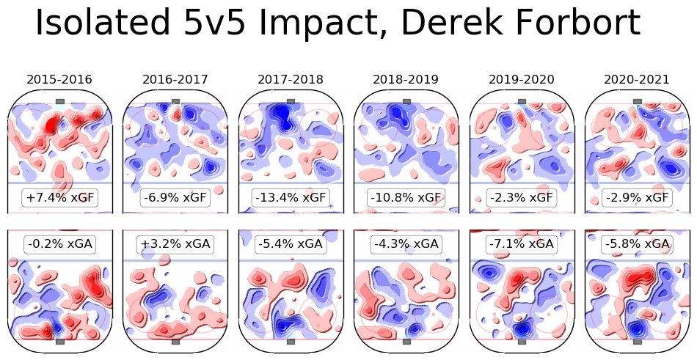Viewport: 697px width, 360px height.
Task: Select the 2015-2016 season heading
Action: [x=59, y=79]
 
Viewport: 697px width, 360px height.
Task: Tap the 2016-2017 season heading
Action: [x=175, y=79]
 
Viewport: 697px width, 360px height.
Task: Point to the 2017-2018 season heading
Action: [x=291, y=79]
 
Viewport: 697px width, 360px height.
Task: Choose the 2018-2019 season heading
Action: [x=406, y=79]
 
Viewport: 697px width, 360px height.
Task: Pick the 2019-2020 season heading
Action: [x=522, y=79]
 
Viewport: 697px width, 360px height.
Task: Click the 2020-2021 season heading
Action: [x=637, y=79]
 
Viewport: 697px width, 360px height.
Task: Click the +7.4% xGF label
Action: [x=59, y=198]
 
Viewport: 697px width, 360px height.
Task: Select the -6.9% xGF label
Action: [x=175, y=198]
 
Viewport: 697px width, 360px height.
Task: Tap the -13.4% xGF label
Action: [x=291, y=198]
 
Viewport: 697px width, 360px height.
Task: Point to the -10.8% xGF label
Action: [x=406, y=198]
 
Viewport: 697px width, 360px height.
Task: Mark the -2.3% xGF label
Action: [x=522, y=198]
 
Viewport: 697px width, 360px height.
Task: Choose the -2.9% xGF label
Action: [x=637, y=198]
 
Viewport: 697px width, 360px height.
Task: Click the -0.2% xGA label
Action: [x=59, y=244]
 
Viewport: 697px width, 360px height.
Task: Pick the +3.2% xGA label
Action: [x=175, y=244]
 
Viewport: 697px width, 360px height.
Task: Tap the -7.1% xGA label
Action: [x=522, y=244]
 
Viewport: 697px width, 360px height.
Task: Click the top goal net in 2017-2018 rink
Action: [x=291, y=101]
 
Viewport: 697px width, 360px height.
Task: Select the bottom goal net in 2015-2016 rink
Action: [x=59, y=341]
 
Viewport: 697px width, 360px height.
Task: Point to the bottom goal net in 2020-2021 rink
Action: [x=637, y=341]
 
